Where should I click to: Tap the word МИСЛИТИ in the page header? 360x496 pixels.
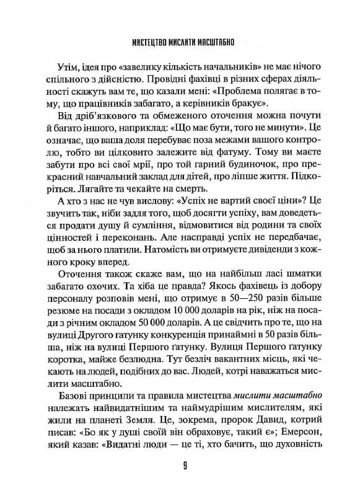coord(186,45)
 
